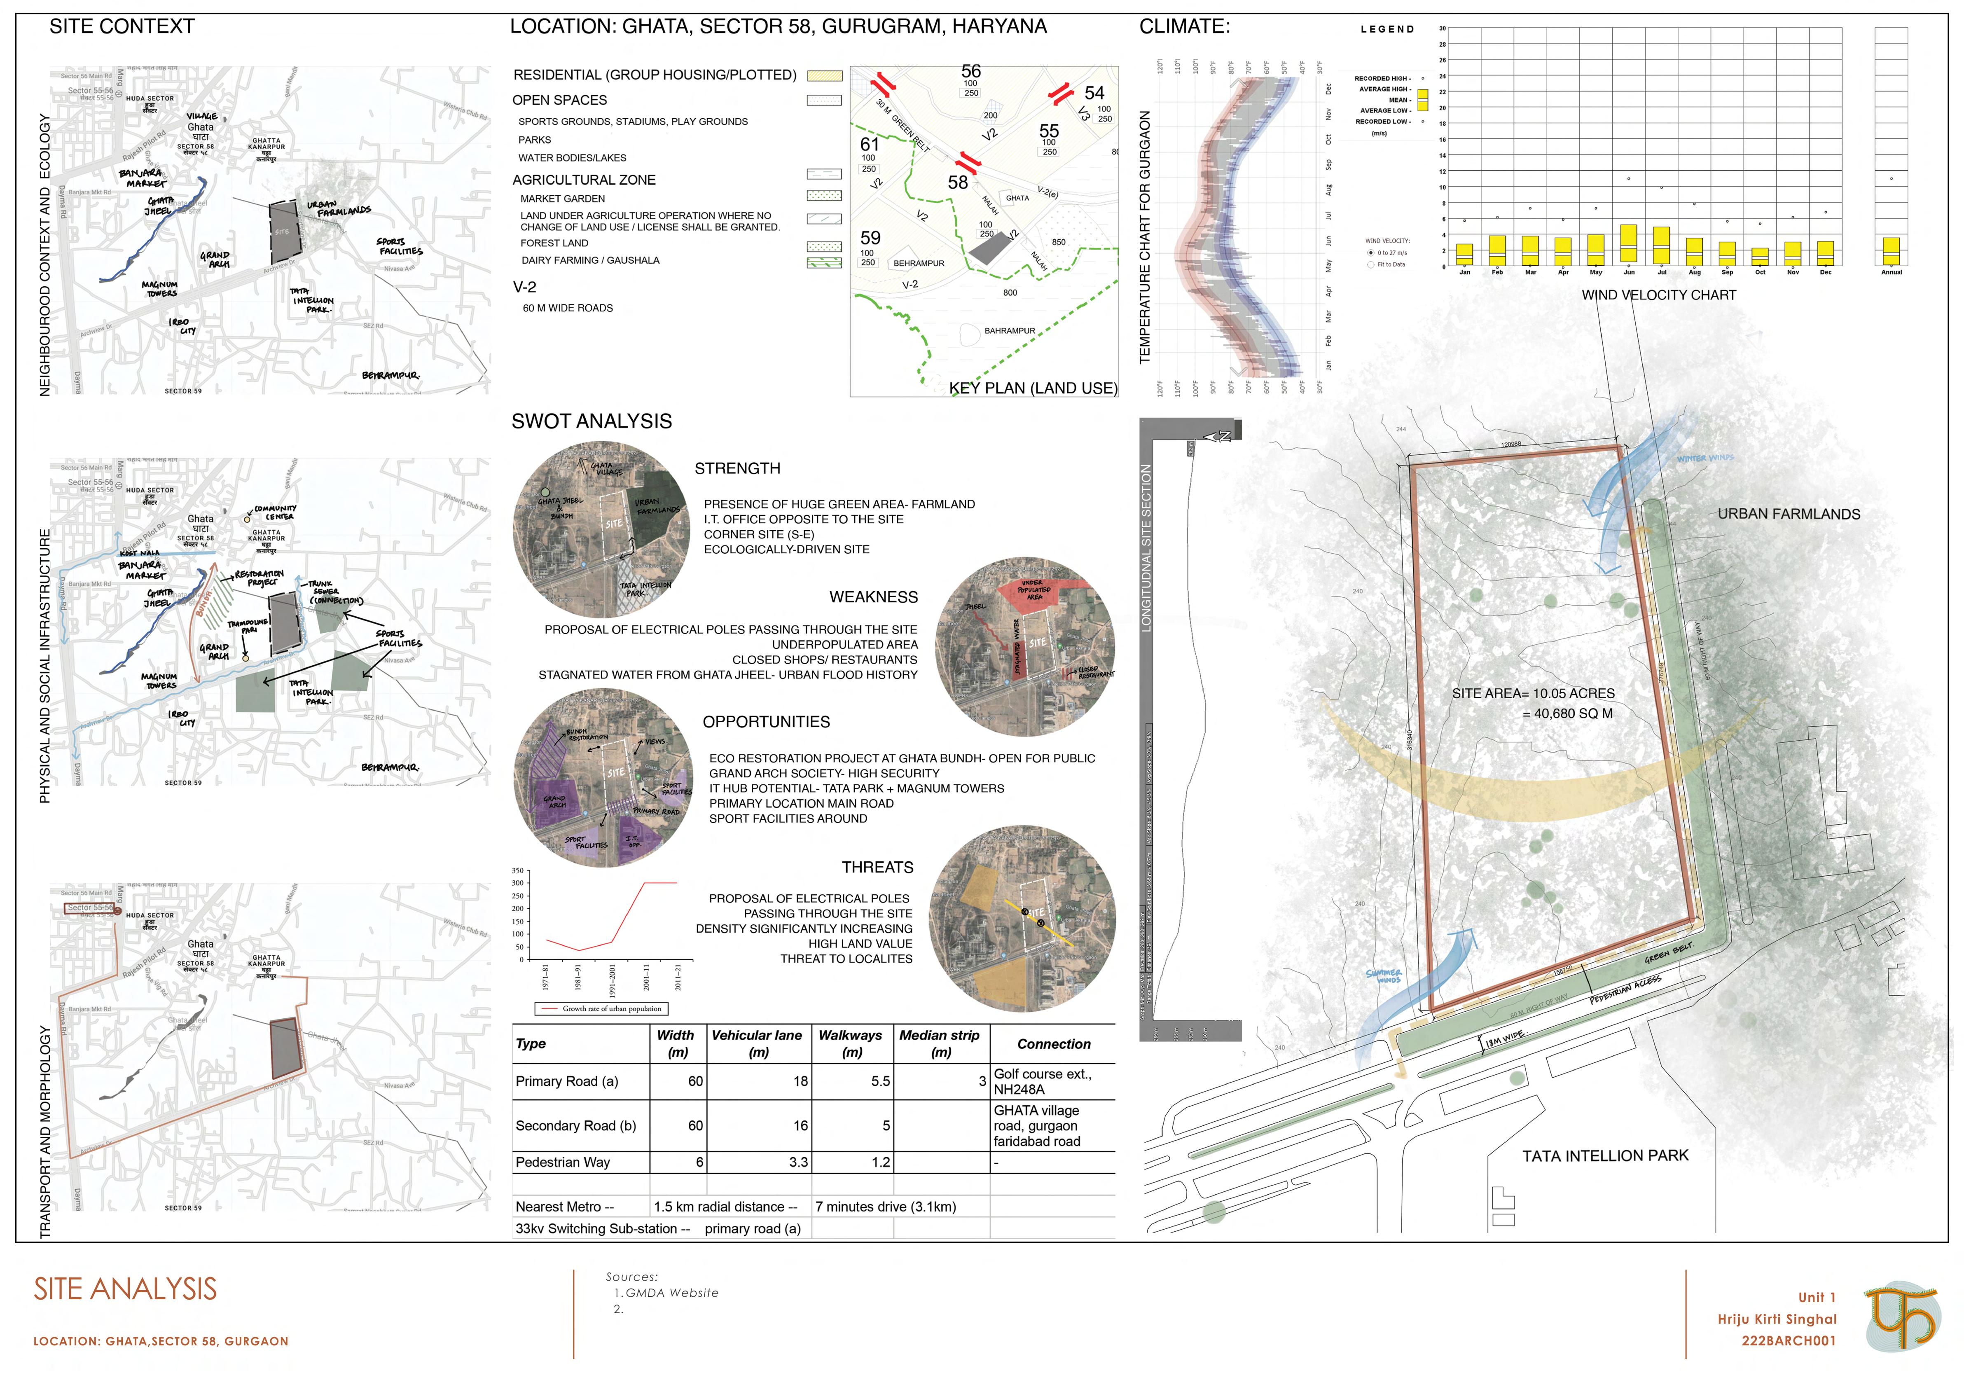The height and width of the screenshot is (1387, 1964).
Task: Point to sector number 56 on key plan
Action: tap(971, 71)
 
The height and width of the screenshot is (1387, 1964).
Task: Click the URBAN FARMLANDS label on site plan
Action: tap(1789, 514)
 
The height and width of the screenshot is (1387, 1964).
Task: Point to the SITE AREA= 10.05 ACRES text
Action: tap(1533, 694)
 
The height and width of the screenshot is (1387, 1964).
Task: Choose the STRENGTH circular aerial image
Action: tap(601, 531)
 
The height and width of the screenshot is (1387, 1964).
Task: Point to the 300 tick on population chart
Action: tap(517, 883)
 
